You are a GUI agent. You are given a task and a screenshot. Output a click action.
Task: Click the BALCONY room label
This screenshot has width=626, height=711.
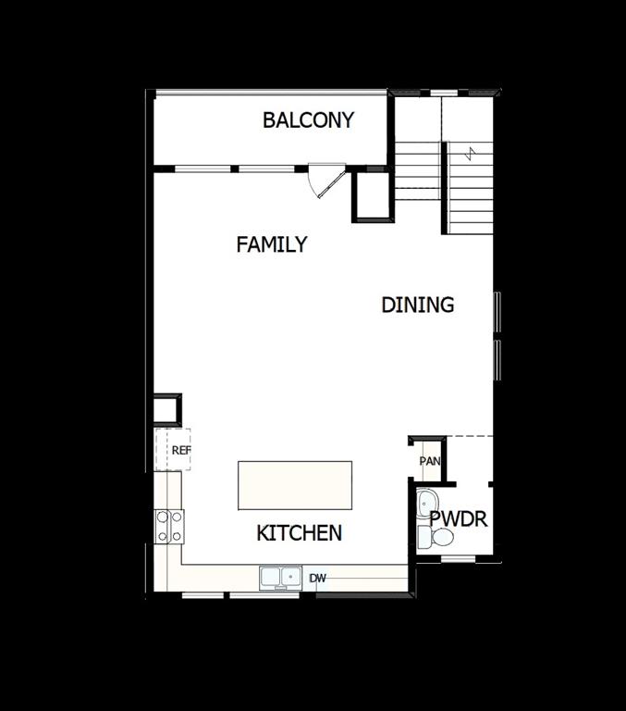(x=308, y=120)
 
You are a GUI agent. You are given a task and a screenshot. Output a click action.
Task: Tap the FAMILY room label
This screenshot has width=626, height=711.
(x=271, y=245)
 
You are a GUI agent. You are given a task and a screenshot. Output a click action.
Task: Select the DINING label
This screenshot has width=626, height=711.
(x=417, y=305)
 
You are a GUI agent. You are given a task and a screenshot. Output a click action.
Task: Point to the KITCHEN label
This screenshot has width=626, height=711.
(x=299, y=533)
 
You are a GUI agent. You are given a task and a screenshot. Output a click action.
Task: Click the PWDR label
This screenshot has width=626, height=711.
(x=458, y=519)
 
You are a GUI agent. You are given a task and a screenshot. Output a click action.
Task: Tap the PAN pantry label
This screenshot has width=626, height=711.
(x=429, y=461)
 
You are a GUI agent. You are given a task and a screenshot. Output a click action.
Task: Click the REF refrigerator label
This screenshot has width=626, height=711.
(x=180, y=451)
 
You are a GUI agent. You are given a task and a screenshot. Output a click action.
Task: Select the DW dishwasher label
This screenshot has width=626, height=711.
(x=317, y=579)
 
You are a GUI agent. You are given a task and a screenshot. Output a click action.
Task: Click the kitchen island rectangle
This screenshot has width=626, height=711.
(x=295, y=485)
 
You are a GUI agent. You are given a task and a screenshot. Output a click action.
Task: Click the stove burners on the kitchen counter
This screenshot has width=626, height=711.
(x=169, y=526)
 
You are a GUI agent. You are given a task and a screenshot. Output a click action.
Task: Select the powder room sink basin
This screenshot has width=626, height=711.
(x=425, y=505)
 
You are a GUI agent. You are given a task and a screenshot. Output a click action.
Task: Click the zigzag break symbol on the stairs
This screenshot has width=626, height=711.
(x=472, y=152)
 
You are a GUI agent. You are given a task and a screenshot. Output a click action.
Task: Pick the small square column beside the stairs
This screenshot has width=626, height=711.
(x=373, y=195)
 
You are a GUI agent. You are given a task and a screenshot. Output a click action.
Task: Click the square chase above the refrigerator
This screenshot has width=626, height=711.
(x=167, y=409)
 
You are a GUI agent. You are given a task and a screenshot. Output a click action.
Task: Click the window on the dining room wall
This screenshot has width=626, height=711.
(x=497, y=338)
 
